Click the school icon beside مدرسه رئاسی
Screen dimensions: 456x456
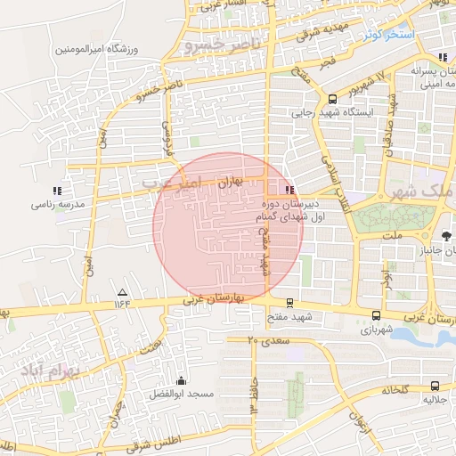58,191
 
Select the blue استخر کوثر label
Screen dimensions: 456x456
387,35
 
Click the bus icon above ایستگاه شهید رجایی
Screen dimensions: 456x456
332,99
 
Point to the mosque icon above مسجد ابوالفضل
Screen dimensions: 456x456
181,380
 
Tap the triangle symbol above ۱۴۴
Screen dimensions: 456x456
122,293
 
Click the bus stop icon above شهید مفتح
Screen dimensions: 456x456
289,304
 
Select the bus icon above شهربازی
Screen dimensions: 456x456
375,315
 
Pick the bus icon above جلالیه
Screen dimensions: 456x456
435,386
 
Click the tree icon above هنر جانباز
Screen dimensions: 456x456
446,235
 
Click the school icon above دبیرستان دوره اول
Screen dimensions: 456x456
288,190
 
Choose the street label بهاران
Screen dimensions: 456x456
230,180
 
